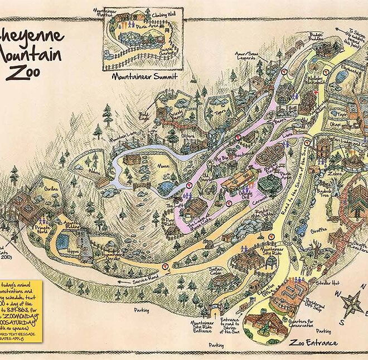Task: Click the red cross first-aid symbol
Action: [316, 92]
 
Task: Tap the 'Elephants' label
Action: [351, 71]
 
